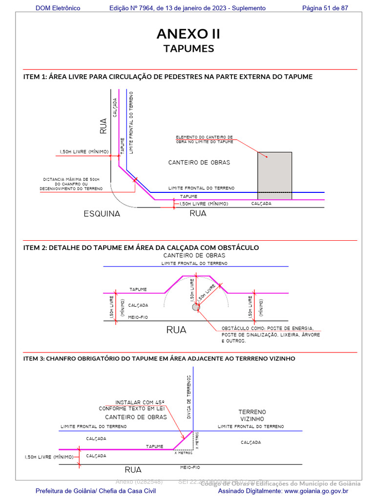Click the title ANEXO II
(188, 34)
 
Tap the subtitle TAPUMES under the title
(188, 49)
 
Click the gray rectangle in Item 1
(275, 172)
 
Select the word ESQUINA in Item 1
(102, 214)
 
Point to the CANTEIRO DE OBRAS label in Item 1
(199, 163)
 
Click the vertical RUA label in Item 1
(104, 126)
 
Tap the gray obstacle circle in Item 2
(196, 307)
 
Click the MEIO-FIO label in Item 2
(138, 317)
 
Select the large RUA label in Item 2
(176, 330)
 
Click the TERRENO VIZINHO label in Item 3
(252, 416)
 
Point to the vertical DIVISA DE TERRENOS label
(188, 396)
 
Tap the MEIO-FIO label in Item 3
(190, 467)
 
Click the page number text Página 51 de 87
(325, 8)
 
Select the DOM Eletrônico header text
(58, 8)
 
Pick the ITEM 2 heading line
(141, 248)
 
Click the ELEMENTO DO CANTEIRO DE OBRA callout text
(204, 139)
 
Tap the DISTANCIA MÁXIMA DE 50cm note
(71, 184)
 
